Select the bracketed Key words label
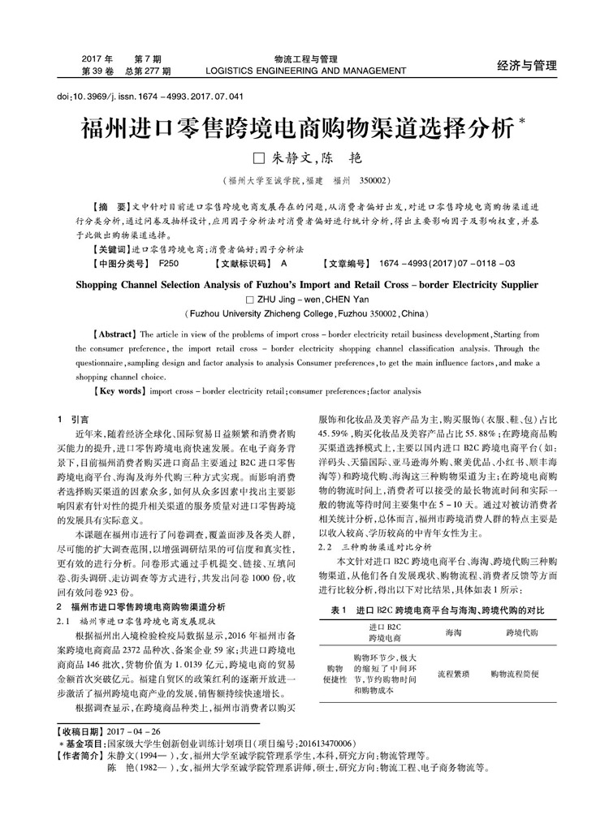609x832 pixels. pyautogui.click(x=120, y=390)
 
